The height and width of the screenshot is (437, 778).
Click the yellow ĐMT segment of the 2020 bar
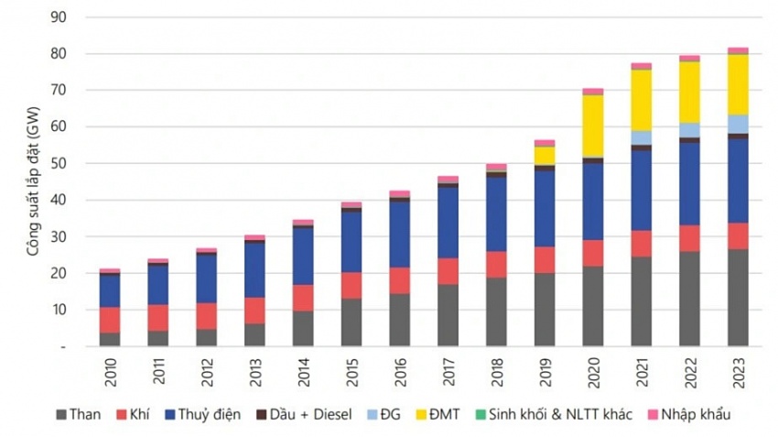[593, 126]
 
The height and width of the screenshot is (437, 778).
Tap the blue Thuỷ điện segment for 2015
[351, 242]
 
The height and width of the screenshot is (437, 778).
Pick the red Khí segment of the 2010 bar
[110, 320]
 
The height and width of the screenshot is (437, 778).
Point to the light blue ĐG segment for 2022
[689, 130]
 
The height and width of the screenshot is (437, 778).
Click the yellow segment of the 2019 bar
[545, 155]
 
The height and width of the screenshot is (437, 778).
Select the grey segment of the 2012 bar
[206, 337]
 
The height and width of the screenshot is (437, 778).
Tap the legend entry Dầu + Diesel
[303, 415]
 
